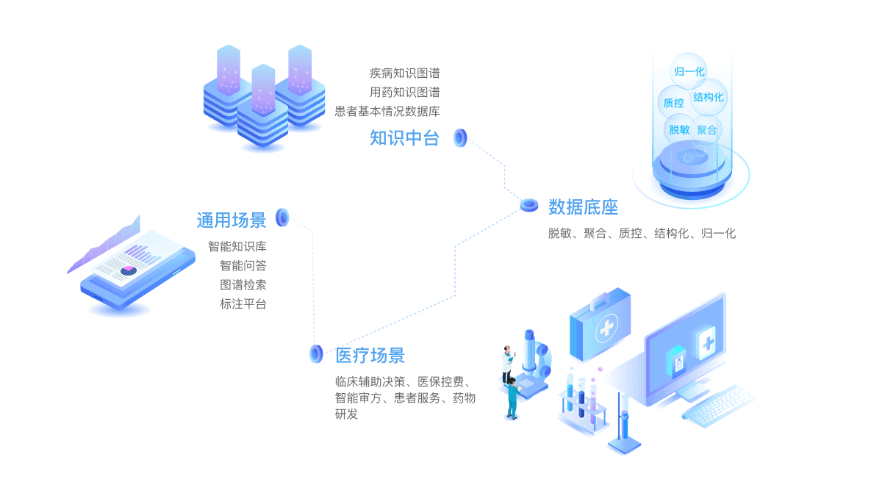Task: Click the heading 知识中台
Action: pyautogui.click(x=404, y=138)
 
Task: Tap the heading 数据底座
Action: pyautogui.click(x=583, y=207)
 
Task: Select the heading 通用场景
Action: pyautogui.click(x=231, y=220)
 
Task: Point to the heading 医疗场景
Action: pyautogui.click(x=370, y=356)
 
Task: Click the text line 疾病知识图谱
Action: pyautogui.click(x=404, y=73)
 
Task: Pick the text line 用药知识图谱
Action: pyautogui.click(x=404, y=92)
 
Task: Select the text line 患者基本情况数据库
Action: pyautogui.click(x=387, y=111)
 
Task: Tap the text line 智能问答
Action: pyautogui.click(x=243, y=265)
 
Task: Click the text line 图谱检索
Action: pyautogui.click(x=243, y=284)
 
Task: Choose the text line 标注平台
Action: pyautogui.click(x=243, y=303)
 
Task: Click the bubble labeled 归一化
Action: pyautogui.click(x=689, y=71)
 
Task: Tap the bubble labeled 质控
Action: pyautogui.click(x=673, y=103)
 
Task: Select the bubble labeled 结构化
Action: pyautogui.click(x=709, y=97)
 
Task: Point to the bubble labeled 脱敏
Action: pyautogui.click(x=678, y=130)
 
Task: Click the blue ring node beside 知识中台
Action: pyautogui.click(x=461, y=137)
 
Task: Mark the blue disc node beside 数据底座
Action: pyautogui.click(x=529, y=205)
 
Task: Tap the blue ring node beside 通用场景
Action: pyautogui.click(x=282, y=218)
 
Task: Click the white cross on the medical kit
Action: pyautogui.click(x=606, y=328)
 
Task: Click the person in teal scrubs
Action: pyautogui.click(x=512, y=398)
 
